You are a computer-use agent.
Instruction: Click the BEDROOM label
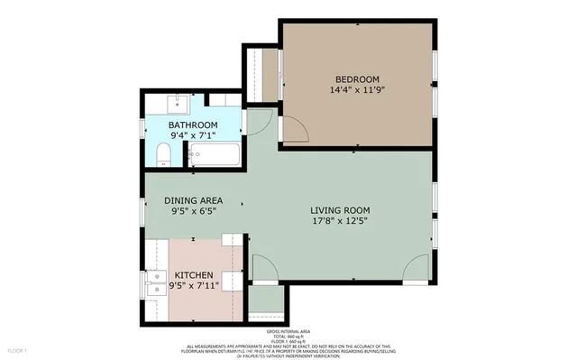click(x=359, y=78)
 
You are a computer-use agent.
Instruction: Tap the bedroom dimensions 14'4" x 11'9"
click(x=359, y=90)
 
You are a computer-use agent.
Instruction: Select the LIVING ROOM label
click(x=340, y=210)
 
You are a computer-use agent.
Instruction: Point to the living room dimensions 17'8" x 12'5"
click(x=340, y=222)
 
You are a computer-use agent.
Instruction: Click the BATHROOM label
click(x=194, y=125)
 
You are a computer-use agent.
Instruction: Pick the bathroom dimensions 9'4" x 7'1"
click(x=194, y=136)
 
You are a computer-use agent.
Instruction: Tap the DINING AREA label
click(x=193, y=200)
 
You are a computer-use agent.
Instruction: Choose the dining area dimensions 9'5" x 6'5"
click(x=193, y=213)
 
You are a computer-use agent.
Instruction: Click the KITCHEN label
click(x=194, y=274)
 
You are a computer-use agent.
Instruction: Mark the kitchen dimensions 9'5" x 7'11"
click(x=194, y=286)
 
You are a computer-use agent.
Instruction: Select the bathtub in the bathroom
click(x=215, y=156)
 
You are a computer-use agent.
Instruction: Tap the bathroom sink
click(x=177, y=100)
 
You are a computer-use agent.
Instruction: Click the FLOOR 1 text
click(x=18, y=349)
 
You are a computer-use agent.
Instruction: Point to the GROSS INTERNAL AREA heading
click(x=288, y=331)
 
